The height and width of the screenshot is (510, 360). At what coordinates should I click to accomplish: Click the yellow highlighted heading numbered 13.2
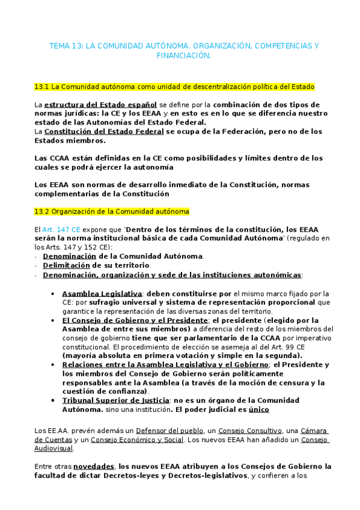coord(112,211)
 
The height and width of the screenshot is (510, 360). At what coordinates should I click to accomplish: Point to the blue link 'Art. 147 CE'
coord(61,230)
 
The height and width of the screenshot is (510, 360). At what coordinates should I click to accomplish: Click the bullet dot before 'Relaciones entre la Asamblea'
coord(55,364)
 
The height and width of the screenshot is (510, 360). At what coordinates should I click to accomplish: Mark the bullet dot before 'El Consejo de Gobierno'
coord(55,321)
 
